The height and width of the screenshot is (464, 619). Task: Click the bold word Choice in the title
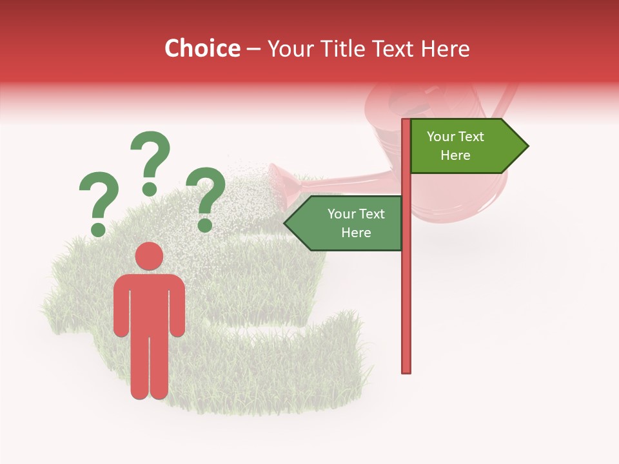[202, 49]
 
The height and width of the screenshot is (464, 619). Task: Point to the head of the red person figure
[149, 256]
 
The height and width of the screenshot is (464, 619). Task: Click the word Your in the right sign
[441, 137]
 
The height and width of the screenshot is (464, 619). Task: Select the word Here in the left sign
[356, 233]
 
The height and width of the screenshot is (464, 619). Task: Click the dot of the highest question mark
[150, 189]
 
